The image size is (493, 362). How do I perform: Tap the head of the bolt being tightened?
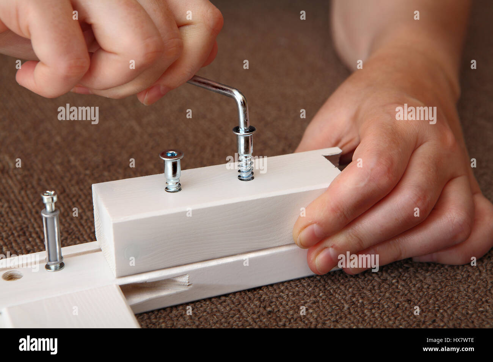[244, 131]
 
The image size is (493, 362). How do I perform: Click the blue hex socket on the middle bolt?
[171, 154]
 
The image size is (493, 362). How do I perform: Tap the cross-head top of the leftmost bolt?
[49, 196]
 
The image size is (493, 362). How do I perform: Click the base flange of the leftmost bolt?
[55, 267]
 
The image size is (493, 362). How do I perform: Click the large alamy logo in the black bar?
[38, 345]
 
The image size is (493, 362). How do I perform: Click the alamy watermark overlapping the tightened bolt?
[246, 164]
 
